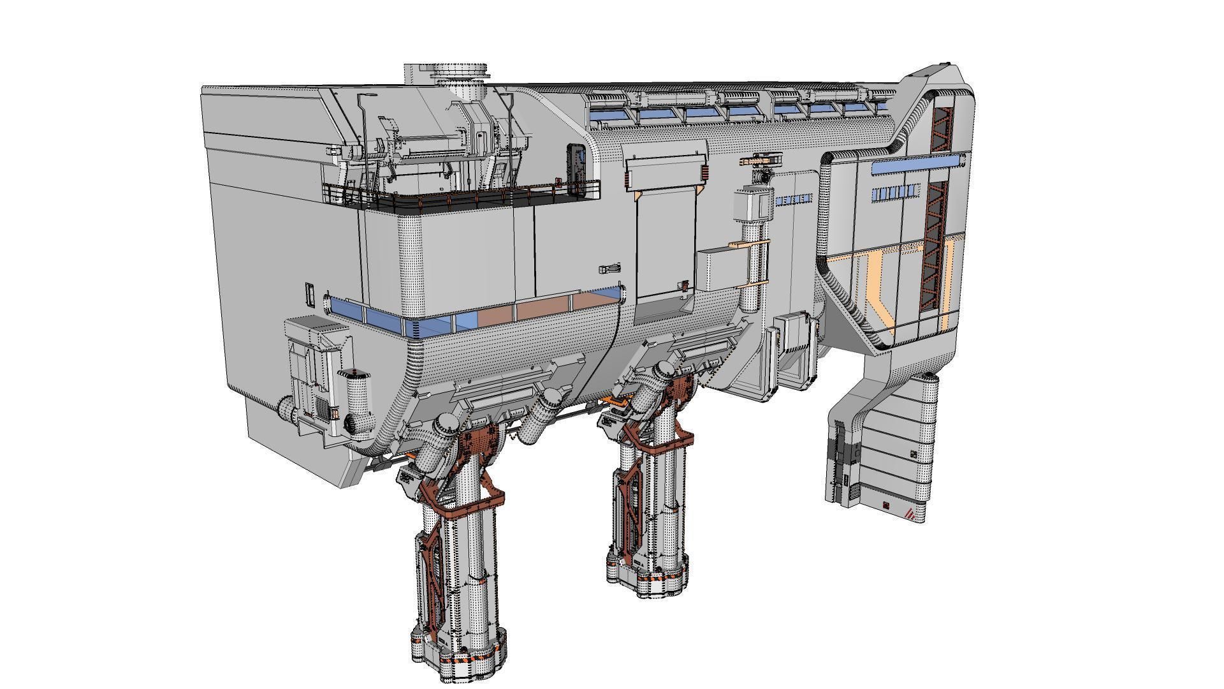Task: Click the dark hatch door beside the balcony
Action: click(x=576, y=167)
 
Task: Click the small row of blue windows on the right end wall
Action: click(x=896, y=192)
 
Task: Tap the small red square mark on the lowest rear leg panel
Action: click(x=886, y=507)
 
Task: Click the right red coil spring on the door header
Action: click(x=705, y=173)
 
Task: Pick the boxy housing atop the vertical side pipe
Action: click(x=752, y=204)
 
